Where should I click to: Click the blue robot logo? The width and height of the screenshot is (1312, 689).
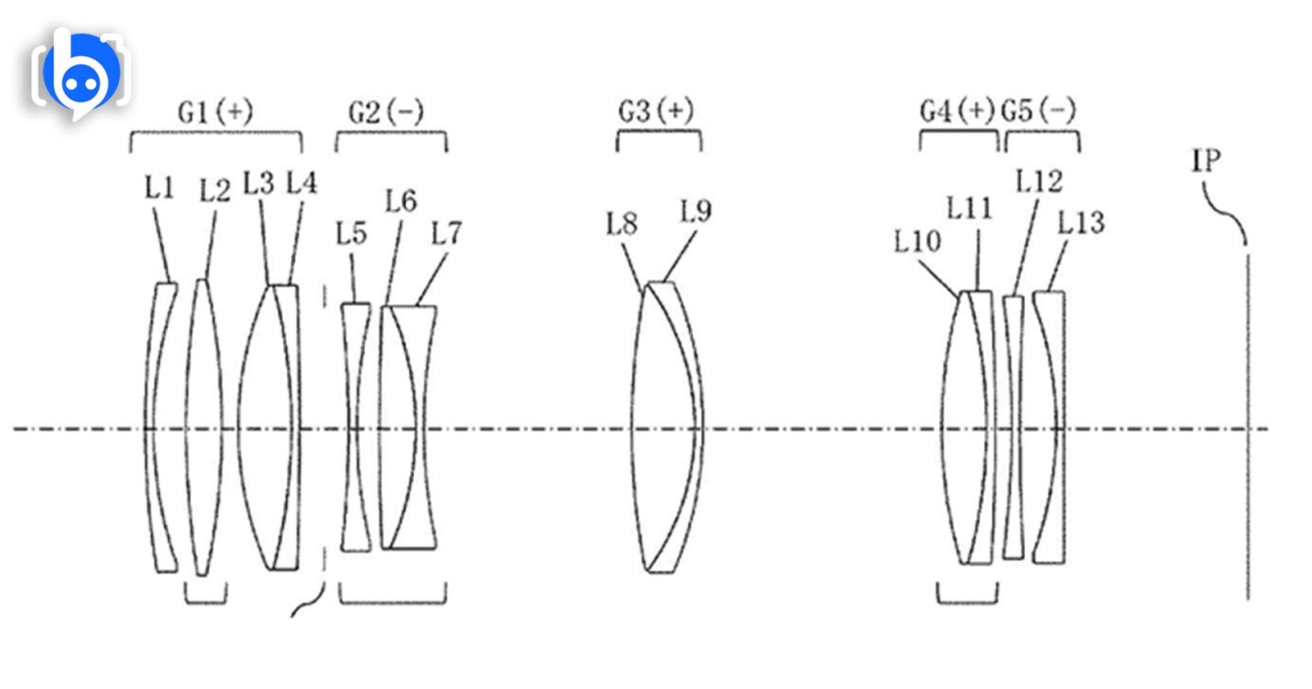pos(81,73)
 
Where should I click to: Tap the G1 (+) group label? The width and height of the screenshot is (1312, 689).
pos(216,112)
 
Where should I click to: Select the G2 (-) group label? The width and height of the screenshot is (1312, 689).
pos(386,112)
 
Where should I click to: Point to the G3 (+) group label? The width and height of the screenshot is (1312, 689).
pos(656,110)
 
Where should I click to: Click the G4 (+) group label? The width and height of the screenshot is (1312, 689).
pos(958,110)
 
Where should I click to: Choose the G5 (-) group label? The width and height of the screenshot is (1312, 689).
pos(1038,110)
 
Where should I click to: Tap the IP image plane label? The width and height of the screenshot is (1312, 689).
pos(1206,159)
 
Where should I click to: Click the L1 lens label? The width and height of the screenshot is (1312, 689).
pos(159,188)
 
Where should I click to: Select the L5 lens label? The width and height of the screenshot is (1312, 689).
pos(352,233)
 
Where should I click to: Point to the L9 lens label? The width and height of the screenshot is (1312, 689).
pos(696,211)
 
